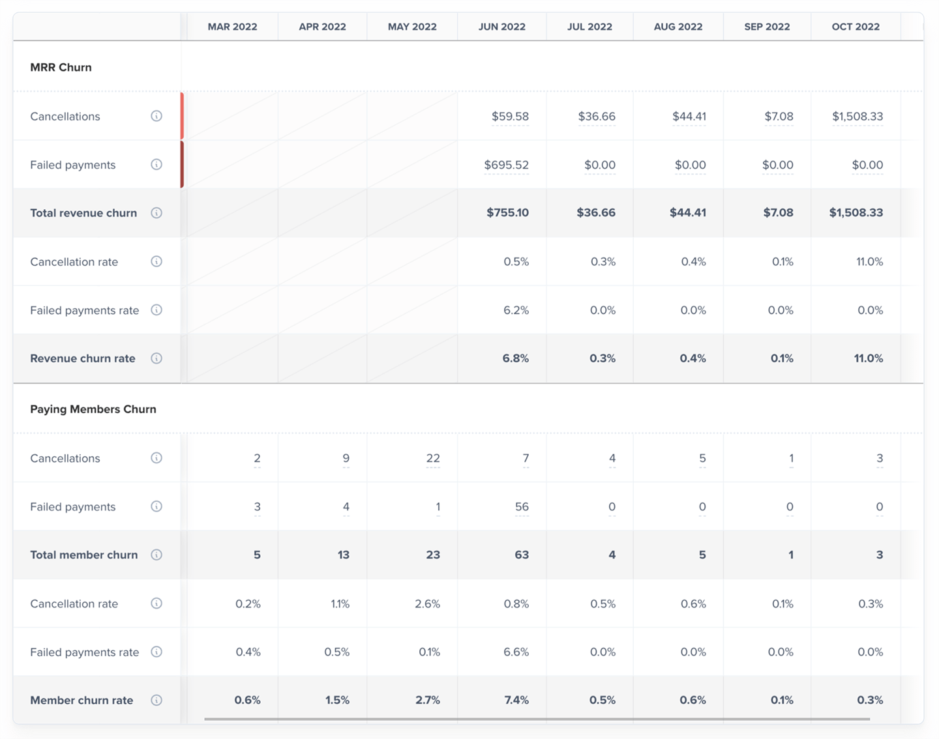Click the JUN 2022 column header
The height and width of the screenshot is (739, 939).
[501, 27]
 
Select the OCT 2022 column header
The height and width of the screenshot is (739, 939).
[856, 27]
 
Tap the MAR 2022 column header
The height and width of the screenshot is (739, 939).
[232, 27]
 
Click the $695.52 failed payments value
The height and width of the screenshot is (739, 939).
[506, 165]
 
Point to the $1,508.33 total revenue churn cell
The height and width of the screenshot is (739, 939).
[856, 212]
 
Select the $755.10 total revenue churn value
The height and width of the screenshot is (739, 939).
[507, 212]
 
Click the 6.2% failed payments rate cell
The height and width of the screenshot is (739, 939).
[516, 310]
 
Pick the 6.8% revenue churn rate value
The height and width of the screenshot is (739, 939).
[515, 358]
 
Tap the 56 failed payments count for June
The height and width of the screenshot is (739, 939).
[522, 506]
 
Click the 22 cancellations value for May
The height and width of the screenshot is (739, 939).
[433, 458]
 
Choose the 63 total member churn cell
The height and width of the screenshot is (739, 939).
[522, 555]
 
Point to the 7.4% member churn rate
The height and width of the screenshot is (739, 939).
[516, 700]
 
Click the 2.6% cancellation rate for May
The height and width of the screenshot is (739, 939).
[427, 603]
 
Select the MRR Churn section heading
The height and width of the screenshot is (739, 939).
[61, 67]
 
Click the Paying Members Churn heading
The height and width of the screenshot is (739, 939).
[93, 409]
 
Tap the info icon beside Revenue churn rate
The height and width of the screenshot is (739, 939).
[156, 358]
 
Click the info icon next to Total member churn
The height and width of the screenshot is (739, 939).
[156, 555]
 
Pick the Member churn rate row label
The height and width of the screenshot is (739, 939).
[82, 700]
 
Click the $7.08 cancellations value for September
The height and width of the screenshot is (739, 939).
[779, 116]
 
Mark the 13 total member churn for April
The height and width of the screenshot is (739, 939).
[344, 555]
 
